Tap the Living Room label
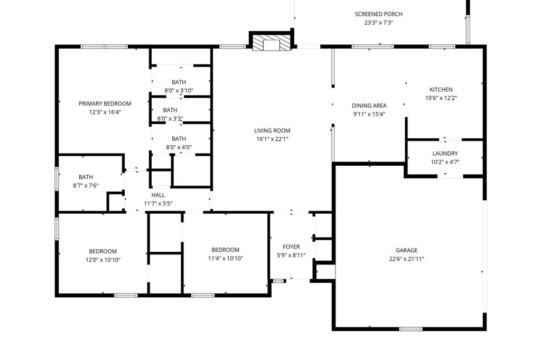point(272,131)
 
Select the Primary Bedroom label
point(105,103)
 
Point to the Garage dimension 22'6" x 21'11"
point(406,259)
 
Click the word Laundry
point(445,154)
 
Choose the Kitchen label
point(441,90)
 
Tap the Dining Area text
point(369,106)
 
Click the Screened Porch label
point(379,14)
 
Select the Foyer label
point(291,247)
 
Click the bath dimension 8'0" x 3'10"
point(179,90)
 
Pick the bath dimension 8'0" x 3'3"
point(170,118)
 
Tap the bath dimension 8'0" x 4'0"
point(179,147)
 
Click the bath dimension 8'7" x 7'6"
point(86,185)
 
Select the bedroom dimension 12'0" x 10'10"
point(102,260)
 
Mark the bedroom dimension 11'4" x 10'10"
point(226,258)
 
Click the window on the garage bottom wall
point(411,329)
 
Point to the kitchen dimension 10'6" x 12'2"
point(441,98)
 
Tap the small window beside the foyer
point(277,281)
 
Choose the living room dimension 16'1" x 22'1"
point(272,139)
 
